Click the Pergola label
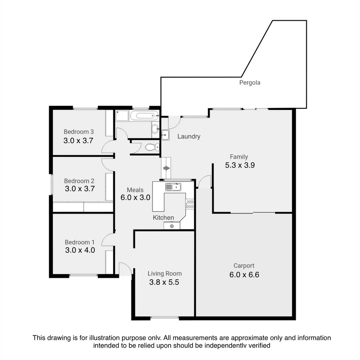[x=250, y=82]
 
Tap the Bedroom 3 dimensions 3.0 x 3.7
[x=78, y=141]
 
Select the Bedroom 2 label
[x=79, y=181]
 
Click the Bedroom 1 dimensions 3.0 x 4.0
[x=80, y=250]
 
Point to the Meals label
[x=135, y=190]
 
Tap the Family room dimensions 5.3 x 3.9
[x=240, y=165]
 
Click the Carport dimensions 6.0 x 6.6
[x=244, y=275]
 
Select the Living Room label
[x=165, y=274]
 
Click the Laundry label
[x=189, y=136]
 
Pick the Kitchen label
[x=163, y=218]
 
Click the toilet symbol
[x=154, y=147]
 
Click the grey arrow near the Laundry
[x=166, y=168]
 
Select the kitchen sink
[x=173, y=187]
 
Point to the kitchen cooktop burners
[x=190, y=204]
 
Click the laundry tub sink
[x=165, y=135]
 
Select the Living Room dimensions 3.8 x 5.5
[x=164, y=283]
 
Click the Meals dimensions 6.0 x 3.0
[x=135, y=197]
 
